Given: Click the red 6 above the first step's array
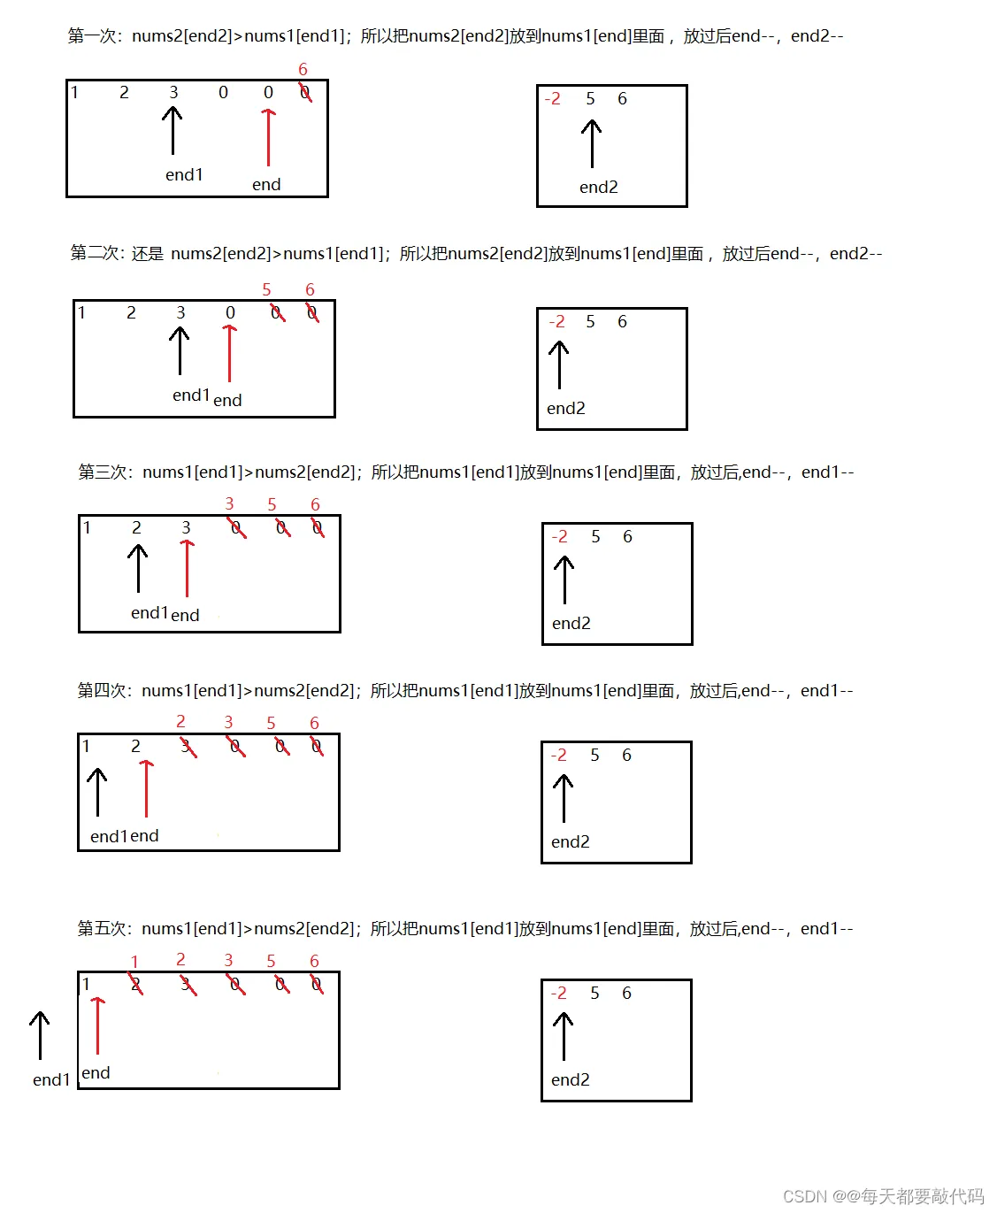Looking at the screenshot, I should point(303,69).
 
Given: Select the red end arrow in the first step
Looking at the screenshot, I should point(268,137).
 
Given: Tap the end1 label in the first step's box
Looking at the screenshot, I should point(184,175).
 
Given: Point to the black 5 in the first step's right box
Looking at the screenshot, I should point(590,98).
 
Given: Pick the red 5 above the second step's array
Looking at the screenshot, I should point(266,289).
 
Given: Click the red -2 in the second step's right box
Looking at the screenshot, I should point(556,321).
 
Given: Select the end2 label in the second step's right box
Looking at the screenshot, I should point(566,408).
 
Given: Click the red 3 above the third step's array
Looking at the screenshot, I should point(229,503).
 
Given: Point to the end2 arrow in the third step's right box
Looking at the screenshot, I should point(564,580).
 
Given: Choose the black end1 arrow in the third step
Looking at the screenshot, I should point(138,568).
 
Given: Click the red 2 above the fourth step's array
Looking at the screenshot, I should point(180,721).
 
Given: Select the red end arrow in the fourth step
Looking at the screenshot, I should point(147,788).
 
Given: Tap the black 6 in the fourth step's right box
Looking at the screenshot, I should point(626,755).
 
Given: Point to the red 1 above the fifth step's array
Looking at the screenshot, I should point(134,962).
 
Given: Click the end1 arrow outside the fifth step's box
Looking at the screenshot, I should point(40,1035).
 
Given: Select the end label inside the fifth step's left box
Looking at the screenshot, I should point(96,1073).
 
